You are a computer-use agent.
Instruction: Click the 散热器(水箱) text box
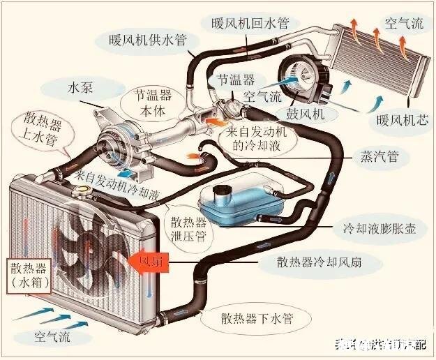coord(28,275)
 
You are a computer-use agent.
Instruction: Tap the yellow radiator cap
coord(83,189)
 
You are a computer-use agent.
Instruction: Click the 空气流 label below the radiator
coord(53,336)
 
